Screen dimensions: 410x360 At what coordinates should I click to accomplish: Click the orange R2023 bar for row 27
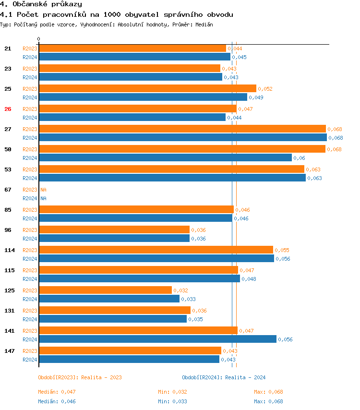[182, 129]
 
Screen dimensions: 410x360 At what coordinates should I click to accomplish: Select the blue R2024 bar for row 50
[165, 157]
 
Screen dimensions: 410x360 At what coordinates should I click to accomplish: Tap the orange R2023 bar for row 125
[105, 290]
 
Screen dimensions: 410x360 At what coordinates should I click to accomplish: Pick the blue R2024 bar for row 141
[157, 339]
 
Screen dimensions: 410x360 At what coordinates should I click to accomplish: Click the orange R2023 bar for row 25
[147, 88]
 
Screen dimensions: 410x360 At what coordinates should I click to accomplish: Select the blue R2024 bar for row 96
[114, 238]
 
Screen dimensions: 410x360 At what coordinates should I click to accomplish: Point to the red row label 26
[8, 109]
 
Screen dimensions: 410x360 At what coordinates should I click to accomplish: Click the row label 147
[9, 351]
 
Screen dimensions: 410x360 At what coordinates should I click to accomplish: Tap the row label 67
[8, 190]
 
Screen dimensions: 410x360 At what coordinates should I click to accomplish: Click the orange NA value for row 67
[43, 190]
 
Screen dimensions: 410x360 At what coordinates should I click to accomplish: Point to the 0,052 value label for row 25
[265, 89]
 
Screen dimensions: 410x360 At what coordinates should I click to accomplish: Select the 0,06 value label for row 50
[299, 158]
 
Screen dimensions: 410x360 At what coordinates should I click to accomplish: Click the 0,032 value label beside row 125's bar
[180, 290]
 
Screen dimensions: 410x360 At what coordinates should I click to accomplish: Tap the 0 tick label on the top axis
[39, 39]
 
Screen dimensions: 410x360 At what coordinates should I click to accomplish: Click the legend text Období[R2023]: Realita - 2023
[80, 377]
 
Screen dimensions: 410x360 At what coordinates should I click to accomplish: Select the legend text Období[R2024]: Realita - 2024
[224, 377]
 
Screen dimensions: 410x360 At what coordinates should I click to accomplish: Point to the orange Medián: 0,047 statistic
[57, 392]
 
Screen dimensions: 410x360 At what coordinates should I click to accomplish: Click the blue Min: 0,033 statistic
[172, 401]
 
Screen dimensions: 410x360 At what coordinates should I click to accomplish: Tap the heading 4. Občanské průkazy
[41, 4]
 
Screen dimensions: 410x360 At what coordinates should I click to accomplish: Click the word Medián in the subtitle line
[204, 24]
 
